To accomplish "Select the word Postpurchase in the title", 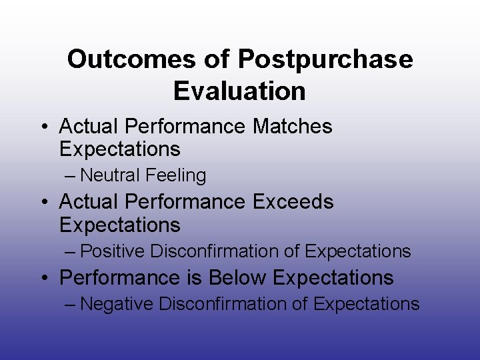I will pos(325,59).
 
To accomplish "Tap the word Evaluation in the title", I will pos(239,91).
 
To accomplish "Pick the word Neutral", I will pos(109,175).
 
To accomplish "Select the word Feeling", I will pos(175,175).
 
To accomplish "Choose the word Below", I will pos(239,277).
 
